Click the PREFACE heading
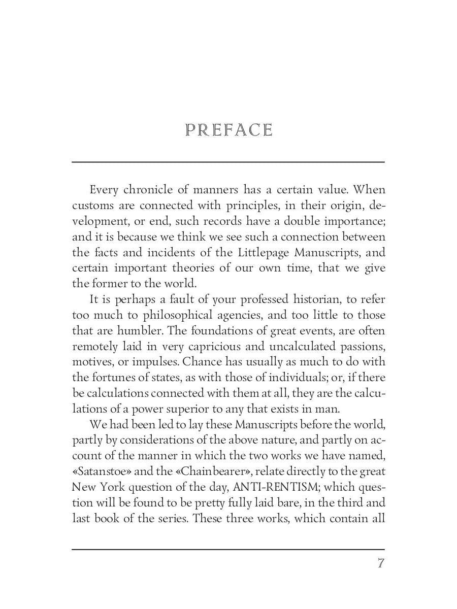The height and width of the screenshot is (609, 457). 229,130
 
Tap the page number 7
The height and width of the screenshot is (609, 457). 380,563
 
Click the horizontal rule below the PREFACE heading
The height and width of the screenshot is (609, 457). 228,162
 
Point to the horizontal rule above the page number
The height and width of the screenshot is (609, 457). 228,549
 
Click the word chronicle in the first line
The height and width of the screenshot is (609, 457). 148,190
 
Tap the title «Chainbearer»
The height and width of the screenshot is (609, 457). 214,471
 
